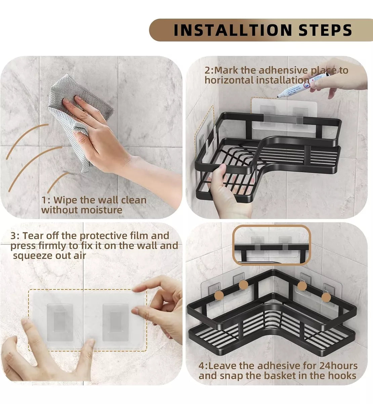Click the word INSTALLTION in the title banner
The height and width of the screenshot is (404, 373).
pos(233,30)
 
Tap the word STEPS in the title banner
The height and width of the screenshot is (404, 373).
pos(325,30)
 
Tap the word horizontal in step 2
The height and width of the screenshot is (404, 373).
pos(229,80)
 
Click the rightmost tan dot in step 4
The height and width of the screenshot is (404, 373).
pos(326,297)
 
